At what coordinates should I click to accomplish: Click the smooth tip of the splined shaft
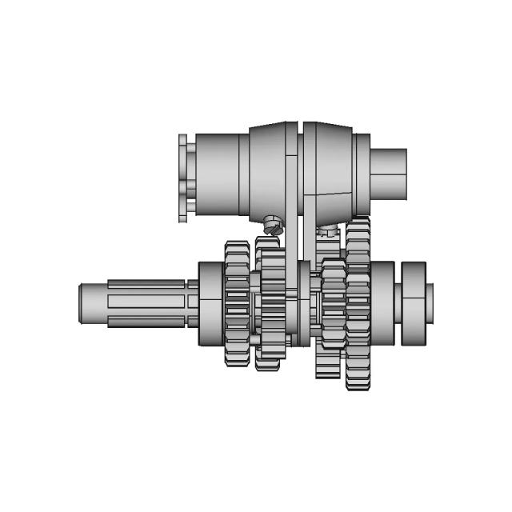coord(92,304)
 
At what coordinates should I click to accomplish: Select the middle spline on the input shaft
coord(148,303)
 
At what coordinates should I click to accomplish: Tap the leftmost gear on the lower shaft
coord(237,303)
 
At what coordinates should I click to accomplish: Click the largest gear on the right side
coord(358,303)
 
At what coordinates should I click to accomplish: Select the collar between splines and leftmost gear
coord(210,303)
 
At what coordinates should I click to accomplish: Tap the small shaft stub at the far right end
coord(430,303)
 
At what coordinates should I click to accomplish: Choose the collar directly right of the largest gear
coord(382,303)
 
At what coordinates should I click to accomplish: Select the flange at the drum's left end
coord(184,178)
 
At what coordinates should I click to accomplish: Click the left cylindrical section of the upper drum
coord(218,174)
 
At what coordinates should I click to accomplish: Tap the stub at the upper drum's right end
coord(388,174)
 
